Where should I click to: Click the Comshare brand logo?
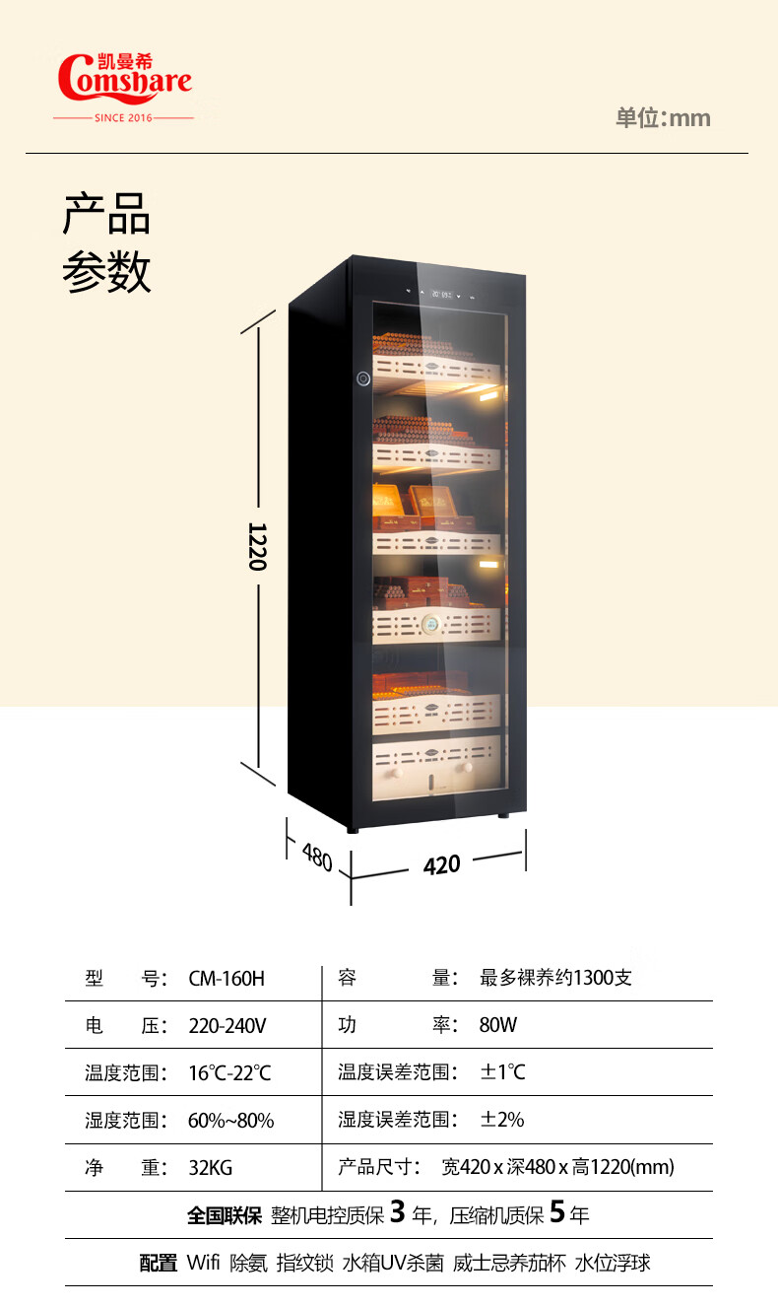[x=124, y=80]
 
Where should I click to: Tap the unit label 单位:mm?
[x=663, y=118]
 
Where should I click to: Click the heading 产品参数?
[x=106, y=242]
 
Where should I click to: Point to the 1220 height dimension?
[x=258, y=546]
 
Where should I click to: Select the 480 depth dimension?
[x=316, y=857]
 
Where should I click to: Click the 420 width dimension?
[x=441, y=864]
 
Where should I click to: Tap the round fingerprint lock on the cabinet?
[x=362, y=378]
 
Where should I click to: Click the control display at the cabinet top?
[x=439, y=294]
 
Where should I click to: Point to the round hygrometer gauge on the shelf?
[x=432, y=624]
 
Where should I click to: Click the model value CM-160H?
[x=227, y=979]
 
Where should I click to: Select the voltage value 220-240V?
[x=227, y=1025]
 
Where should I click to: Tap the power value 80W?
[x=497, y=1025]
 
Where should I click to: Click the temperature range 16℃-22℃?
[x=229, y=1072]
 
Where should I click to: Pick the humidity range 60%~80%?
[x=230, y=1120]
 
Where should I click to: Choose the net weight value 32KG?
[x=210, y=1168]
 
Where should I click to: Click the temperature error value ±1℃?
[x=502, y=1072]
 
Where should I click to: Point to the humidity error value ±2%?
[x=501, y=1120]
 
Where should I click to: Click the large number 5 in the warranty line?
[x=556, y=1212]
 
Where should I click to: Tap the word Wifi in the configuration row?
[x=203, y=1263]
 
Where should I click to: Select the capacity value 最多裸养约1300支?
[x=555, y=979]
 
